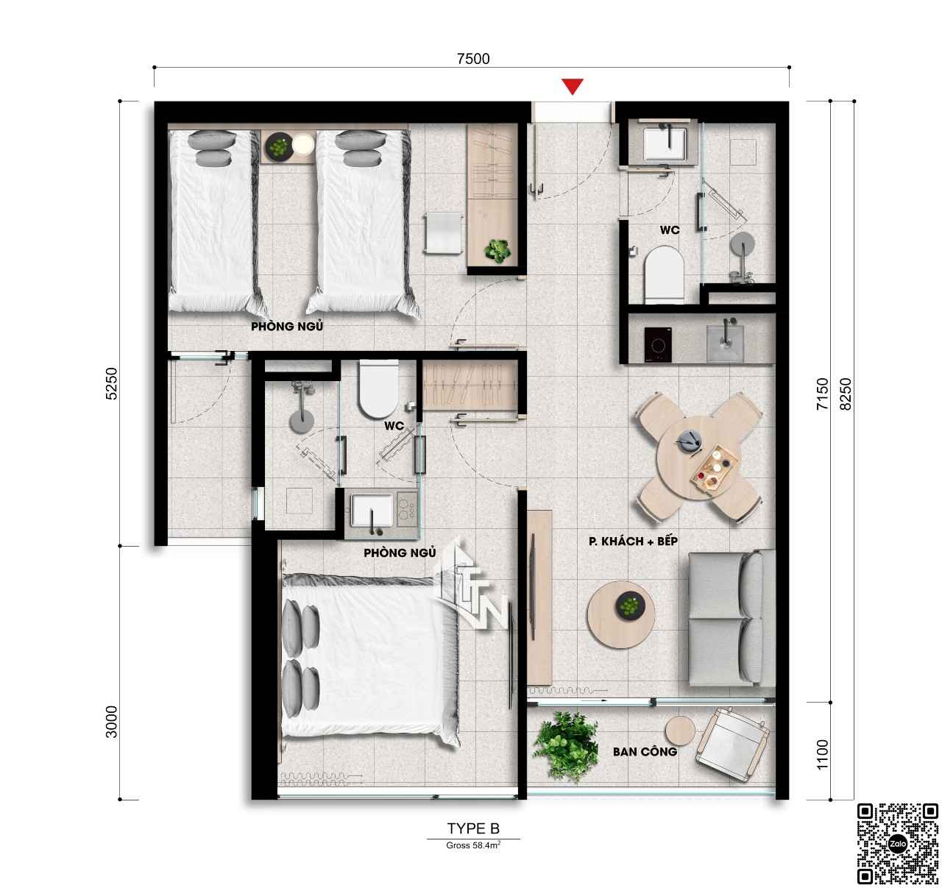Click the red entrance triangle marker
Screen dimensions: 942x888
click(x=573, y=86)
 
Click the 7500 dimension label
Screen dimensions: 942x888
click(x=473, y=58)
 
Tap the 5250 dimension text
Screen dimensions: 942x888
click(x=111, y=383)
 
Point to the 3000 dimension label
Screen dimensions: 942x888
click(x=111, y=722)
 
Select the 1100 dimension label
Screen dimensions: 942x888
click(x=823, y=755)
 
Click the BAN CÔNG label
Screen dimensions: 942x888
click(x=645, y=751)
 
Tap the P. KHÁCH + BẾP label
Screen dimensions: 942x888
click(x=633, y=541)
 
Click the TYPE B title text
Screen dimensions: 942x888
click(x=473, y=828)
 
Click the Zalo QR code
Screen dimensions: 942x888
click(x=897, y=843)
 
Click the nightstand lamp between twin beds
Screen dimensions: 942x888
click(x=303, y=144)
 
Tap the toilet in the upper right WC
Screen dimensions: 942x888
click(x=664, y=275)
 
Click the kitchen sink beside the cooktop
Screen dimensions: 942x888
click(x=725, y=342)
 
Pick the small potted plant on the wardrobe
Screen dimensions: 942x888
click(x=497, y=251)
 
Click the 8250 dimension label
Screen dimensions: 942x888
click(x=846, y=394)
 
